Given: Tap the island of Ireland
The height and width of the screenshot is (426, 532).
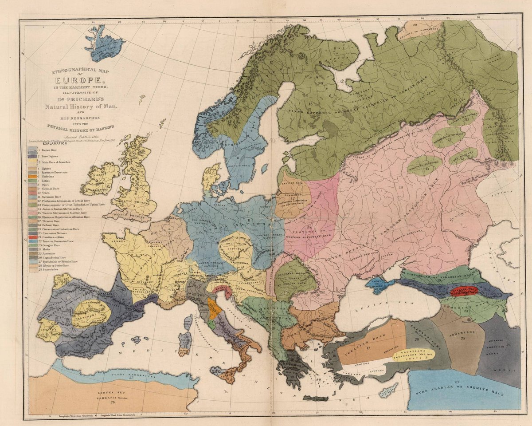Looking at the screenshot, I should [x=99, y=179].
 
